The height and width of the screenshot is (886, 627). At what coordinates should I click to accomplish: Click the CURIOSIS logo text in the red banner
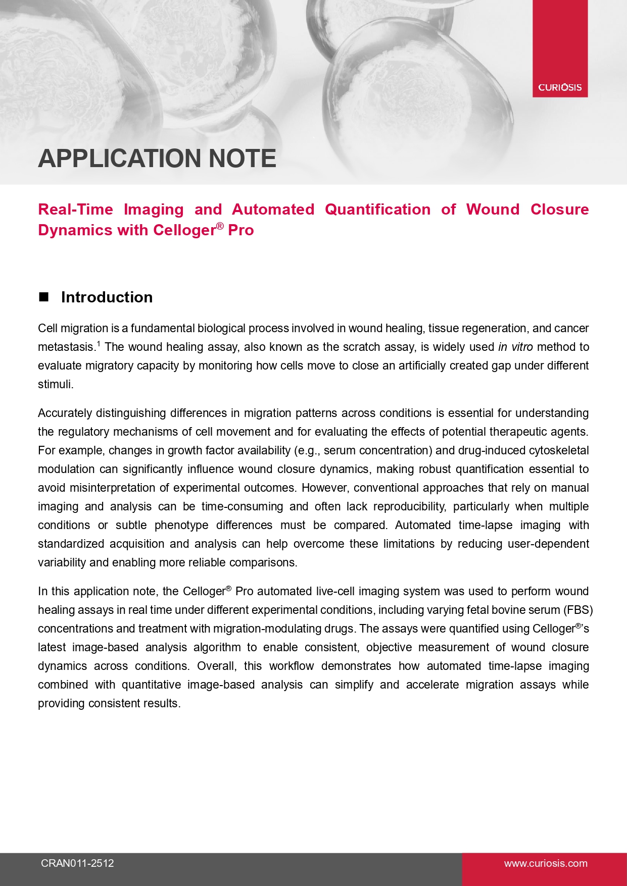[560, 87]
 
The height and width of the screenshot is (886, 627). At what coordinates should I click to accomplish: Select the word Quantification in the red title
[377, 210]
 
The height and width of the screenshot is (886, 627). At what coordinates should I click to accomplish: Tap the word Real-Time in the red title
[75, 210]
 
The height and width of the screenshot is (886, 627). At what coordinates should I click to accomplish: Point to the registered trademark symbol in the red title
[220, 226]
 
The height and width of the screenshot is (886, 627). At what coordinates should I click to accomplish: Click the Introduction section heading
[107, 297]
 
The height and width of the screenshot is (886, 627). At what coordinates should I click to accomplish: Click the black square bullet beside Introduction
[44, 297]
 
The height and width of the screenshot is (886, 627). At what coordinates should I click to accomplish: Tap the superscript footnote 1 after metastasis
[99, 344]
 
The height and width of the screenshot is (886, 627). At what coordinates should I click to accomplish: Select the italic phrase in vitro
[515, 347]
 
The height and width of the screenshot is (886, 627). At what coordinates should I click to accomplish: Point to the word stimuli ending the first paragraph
[56, 384]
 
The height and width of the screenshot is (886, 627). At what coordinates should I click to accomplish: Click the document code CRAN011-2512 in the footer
[77, 863]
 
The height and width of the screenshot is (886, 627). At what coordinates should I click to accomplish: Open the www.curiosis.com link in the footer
[546, 863]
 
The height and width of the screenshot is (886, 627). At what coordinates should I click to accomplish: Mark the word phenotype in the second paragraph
[181, 525]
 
